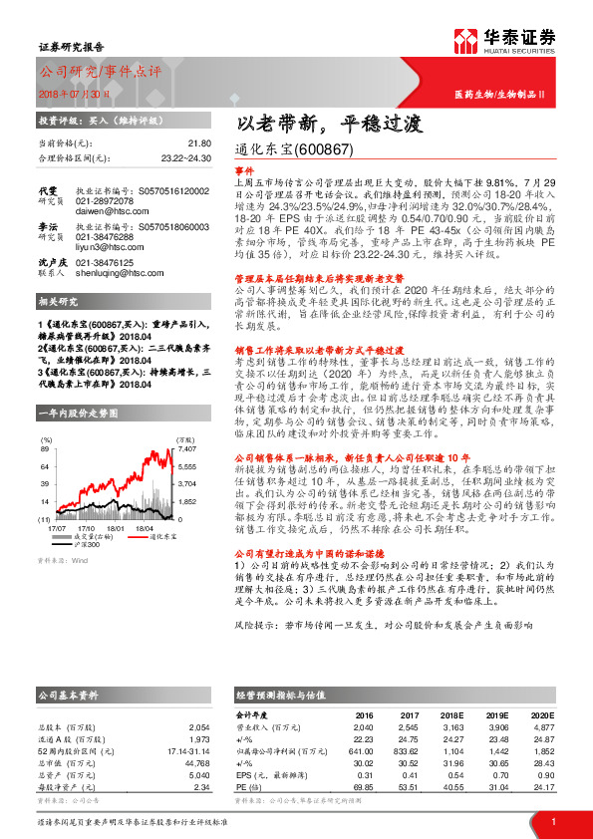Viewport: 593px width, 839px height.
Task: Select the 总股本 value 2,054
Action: [200, 728]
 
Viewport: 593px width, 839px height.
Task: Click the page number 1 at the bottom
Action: [552, 822]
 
